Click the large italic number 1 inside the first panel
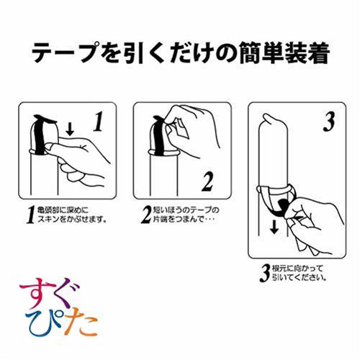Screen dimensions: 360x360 [x=98, y=122]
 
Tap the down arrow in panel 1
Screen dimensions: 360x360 [x=70, y=130]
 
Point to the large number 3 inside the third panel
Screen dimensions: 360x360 [x=329, y=122]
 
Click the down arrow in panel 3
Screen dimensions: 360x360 [x=274, y=228]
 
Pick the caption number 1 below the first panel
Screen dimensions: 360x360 [x=30, y=215]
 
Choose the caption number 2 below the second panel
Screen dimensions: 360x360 [x=146, y=215]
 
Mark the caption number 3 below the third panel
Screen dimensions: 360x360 [x=265, y=273]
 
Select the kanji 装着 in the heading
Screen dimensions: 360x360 [x=306, y=53]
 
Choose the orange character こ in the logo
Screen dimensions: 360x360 [x=87, y=326]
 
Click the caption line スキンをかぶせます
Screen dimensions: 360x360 [x=71, y=220]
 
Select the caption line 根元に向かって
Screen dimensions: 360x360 [x=297, y=269]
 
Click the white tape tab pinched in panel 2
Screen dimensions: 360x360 [x=181, y=128]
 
